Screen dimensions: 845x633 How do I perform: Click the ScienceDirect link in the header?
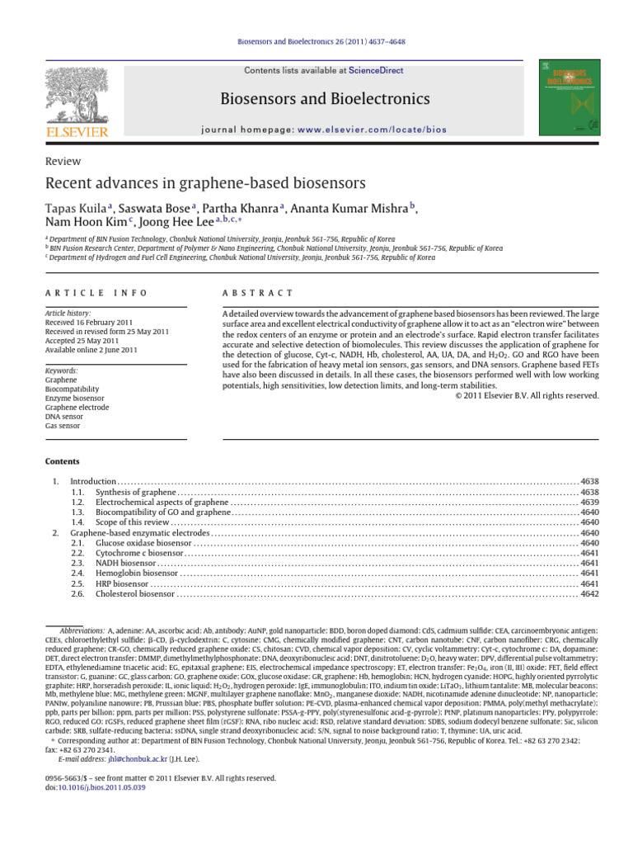(x=376, y=71)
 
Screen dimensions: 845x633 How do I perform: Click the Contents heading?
(x=63, y=460)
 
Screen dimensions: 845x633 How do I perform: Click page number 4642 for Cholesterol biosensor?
(x=589, y=593)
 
